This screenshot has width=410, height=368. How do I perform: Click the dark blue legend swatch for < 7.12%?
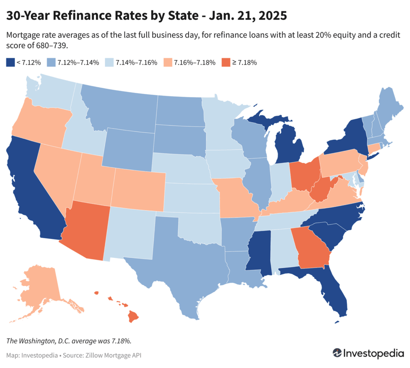tap(10, 62)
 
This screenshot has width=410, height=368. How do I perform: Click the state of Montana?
tap(120, 108)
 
